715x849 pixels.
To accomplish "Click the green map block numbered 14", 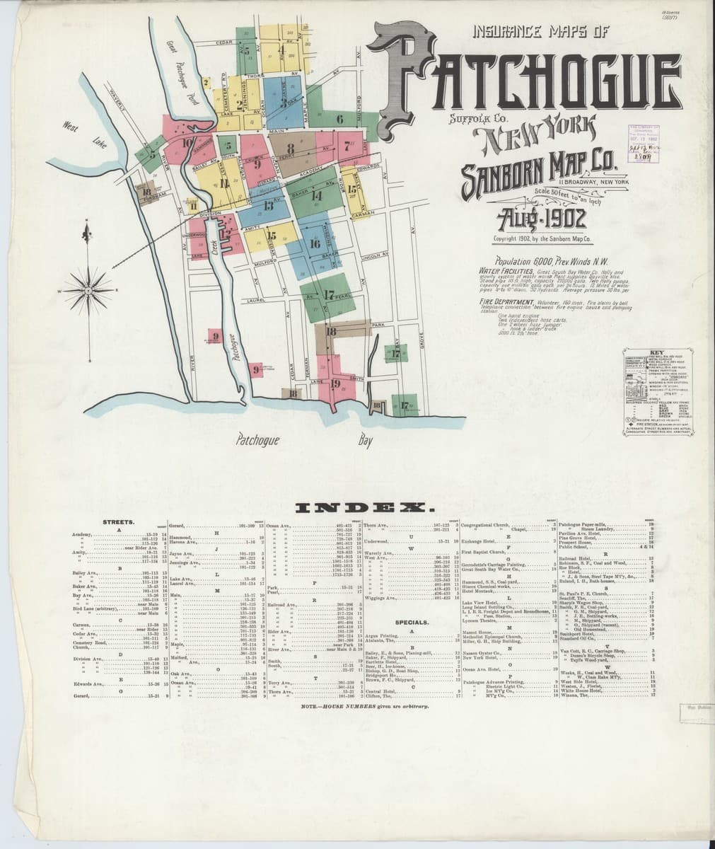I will click(316, 195).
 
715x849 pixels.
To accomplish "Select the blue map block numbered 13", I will click(269, 207).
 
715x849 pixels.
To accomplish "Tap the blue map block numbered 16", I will click(315, 243).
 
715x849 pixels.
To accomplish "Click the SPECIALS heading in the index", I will click(412, 623).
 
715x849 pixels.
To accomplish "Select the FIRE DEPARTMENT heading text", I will click(503, 300).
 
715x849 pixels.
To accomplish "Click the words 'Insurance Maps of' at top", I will click(544, 31).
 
